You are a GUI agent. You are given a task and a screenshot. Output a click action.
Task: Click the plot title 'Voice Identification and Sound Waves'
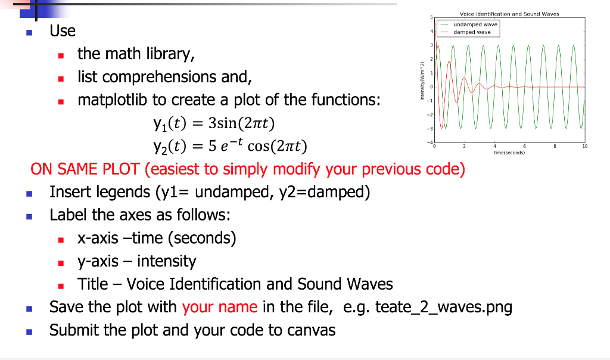coord(509,14)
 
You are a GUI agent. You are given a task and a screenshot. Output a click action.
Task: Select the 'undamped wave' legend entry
coord(475,24)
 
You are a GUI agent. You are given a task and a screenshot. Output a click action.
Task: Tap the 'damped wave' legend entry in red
coord(472,32)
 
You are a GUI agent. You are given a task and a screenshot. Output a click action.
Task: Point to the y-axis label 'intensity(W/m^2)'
coord(422,81)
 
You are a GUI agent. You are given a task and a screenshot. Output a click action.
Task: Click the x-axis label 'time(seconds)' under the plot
coord(509,153)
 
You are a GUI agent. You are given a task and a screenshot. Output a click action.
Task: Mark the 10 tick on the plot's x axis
coord(585,146)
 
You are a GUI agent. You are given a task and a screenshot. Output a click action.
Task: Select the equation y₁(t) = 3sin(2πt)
coord(213,123)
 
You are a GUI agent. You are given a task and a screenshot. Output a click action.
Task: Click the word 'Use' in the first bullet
coord(63,30)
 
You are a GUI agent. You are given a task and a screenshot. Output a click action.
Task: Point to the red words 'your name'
coord(220,308)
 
